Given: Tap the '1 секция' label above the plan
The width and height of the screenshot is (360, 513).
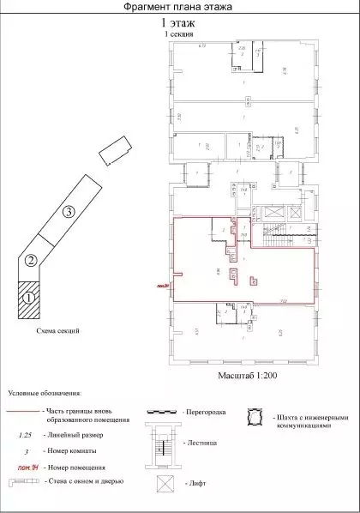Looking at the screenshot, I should click(179, 36).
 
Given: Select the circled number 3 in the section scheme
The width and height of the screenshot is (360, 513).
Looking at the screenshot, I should click(69, 210).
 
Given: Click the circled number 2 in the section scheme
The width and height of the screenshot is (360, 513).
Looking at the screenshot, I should click(31, 260).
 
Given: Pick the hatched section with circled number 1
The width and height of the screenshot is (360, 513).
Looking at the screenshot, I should click(29, 298).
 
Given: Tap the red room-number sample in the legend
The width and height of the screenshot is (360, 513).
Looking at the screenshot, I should click(28, 468).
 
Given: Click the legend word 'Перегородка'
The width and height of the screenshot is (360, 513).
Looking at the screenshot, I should click(205, 413).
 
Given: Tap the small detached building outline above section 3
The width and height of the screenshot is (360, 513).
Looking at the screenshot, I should click(112, 154).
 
